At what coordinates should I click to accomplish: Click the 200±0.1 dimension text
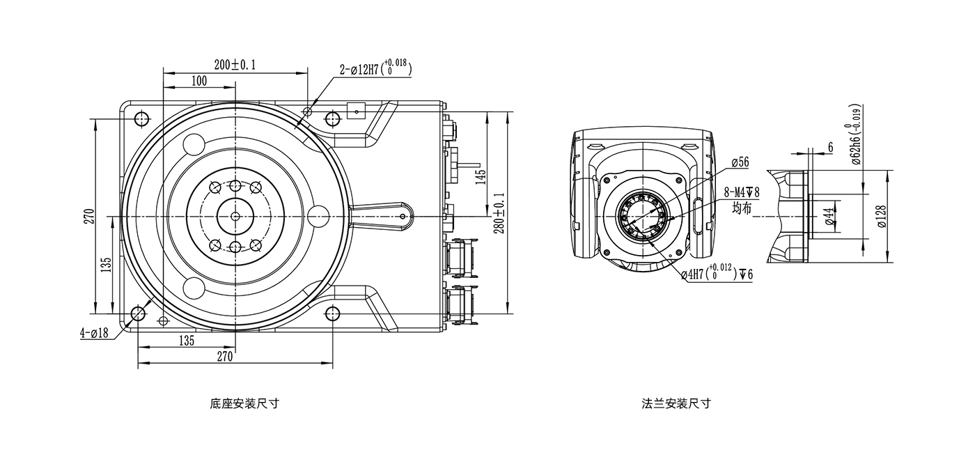235,65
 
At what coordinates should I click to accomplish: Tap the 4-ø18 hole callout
94,333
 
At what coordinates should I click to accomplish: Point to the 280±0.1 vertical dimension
499,217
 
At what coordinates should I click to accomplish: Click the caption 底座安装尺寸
244,403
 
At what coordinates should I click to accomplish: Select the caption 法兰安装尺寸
676,403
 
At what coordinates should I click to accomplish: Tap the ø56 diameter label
740,162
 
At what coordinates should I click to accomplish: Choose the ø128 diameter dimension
881,217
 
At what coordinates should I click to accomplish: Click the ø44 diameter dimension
829,217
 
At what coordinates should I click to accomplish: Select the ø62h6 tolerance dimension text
856,134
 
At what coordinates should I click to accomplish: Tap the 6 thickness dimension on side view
830,148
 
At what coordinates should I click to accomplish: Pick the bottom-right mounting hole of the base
333,314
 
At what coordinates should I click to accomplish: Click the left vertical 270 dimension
88,217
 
